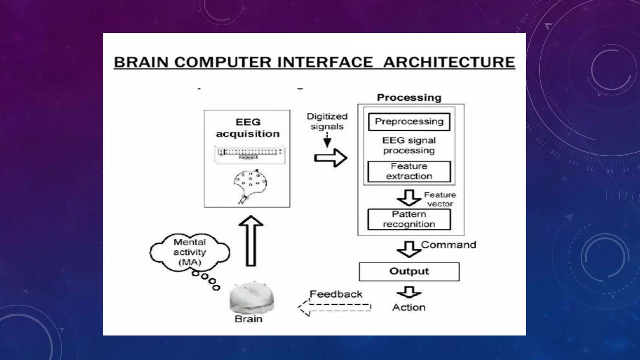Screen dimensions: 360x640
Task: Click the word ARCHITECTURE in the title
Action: coord(449,62)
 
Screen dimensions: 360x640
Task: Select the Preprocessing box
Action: coord(409,122)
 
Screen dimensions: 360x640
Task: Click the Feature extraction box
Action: coord(409,171)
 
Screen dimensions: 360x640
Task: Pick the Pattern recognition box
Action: coord(409,219)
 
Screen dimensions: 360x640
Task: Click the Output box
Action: coord(409,271)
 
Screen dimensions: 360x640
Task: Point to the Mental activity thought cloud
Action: coord(190,252)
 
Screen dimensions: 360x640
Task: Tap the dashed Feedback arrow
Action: coord(334,307)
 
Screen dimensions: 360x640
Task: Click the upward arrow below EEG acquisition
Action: coord(251,241)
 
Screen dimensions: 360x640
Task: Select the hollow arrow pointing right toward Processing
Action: coord(331,158)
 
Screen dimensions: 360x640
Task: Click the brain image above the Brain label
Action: coord(252,298)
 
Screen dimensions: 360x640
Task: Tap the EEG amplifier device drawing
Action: coord(250,154)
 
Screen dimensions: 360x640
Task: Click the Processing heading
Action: coord(409,97)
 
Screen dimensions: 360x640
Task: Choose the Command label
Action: coord(448,245)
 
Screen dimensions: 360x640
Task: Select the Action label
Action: coord(409,307)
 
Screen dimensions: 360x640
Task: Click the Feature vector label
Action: coord(440,199)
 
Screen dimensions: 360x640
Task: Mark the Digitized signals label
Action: coord(327,121)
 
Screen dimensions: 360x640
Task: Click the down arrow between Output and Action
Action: coord(409,292)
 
